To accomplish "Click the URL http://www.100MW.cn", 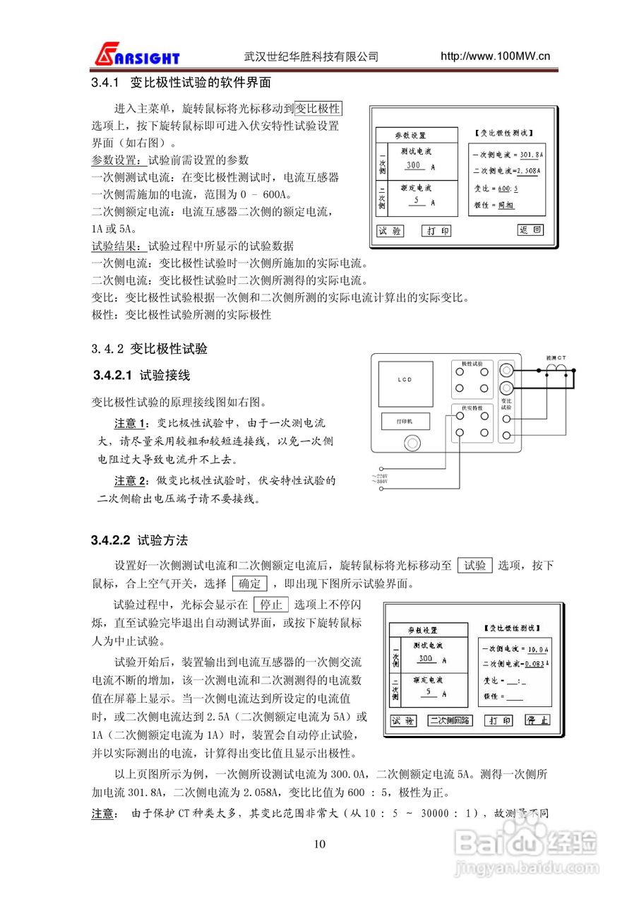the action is pyautogui.click(x=495, y=56).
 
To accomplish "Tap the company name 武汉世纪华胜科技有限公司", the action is pyautogui.click(x=311, y=56).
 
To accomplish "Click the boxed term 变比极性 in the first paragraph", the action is pyautogui.click(x=318, y=109).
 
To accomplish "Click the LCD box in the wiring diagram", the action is pyautogui.click(x=404, y=381).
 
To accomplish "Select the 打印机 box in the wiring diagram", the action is pyautogui.click(x=405, y=421).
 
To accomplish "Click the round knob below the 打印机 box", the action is pyautogui.click(x=409, y=444).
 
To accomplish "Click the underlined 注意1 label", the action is pyautogui.click(x=132, y=423).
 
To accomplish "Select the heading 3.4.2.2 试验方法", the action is pyautogui.click(x=140, y=540).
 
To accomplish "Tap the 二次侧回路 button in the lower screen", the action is pyautogui.click(x=450, y=721).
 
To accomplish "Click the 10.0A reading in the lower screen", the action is pyautogui.click(x=537, y=648).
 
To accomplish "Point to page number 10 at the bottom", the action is pyautogui.click(x=319, y=844).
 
